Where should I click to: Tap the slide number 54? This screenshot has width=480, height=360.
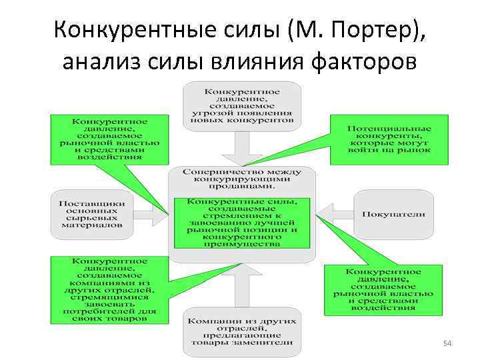(448, 343)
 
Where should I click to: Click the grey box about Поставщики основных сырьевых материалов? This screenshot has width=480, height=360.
(91, 215)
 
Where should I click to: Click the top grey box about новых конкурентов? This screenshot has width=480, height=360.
(241, 106)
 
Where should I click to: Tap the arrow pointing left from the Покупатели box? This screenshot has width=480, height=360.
(333, 215)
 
